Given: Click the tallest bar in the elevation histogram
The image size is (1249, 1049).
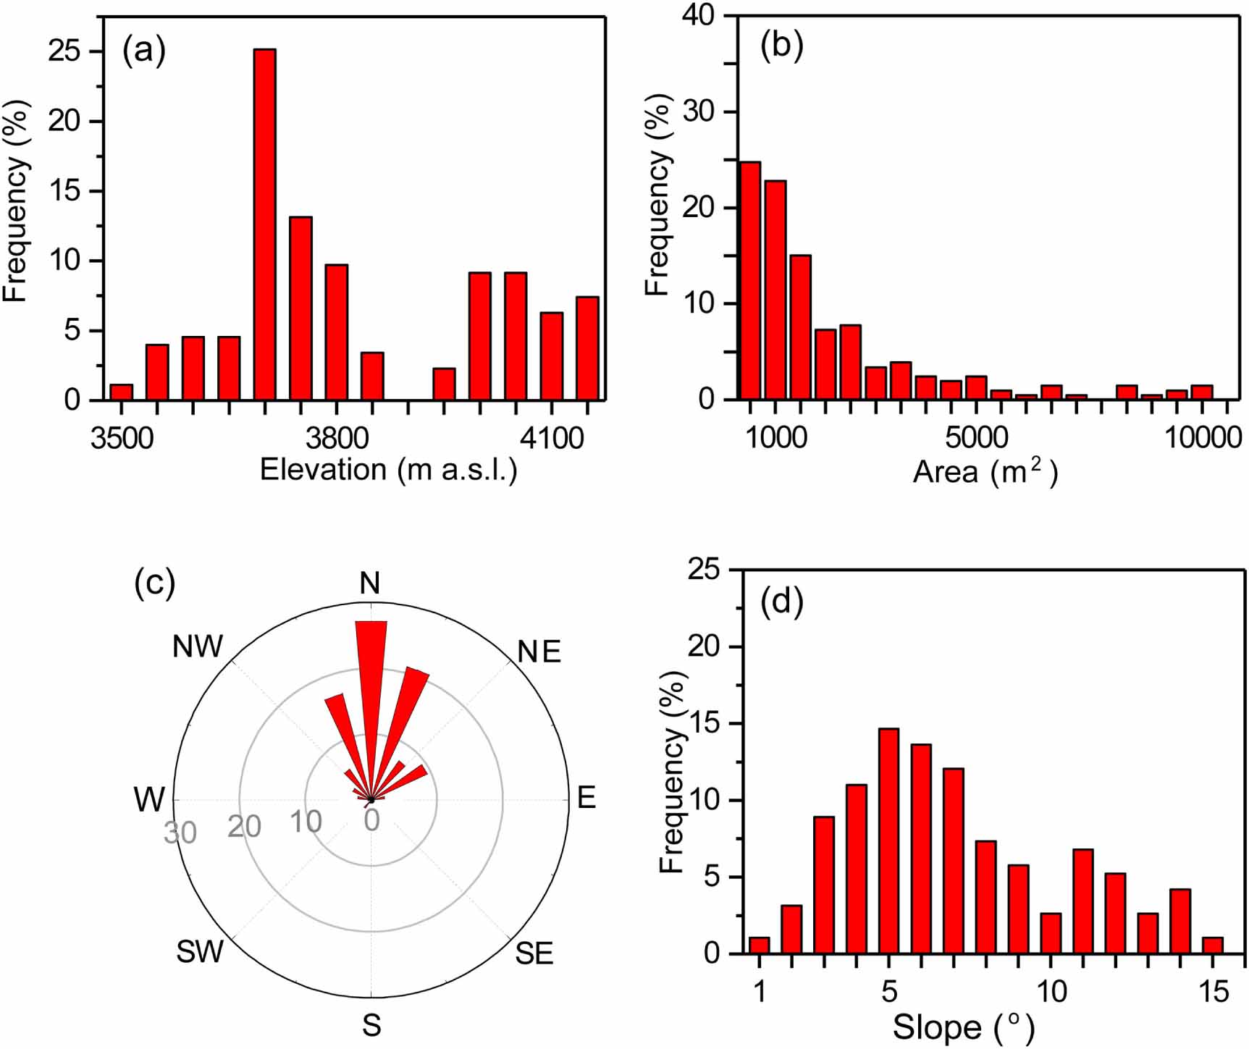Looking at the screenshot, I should click(x=265, y=224).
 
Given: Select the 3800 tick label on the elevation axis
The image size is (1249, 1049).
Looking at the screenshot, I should click(x=337, y=438).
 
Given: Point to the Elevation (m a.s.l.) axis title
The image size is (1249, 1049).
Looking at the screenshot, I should click(x=388, y=471).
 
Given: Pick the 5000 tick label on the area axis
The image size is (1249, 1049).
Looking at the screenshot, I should click(x=976, y=438).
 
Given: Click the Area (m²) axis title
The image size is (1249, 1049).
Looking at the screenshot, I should click(x=985, y=472).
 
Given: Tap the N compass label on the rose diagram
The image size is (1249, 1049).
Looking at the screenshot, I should click(x=370, y=584).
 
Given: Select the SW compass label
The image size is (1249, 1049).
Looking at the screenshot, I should click(x=200, y=952).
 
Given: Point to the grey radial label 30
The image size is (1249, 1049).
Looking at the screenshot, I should click(x=180, y=833).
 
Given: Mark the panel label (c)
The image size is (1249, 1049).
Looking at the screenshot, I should click(x=154, y=584).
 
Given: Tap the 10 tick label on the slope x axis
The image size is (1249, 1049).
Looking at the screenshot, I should click(x=1051, y=991).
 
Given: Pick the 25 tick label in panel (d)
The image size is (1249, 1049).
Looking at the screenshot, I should click(x=704, y=570).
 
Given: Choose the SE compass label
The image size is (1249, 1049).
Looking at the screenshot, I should click(x=534, y=953).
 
